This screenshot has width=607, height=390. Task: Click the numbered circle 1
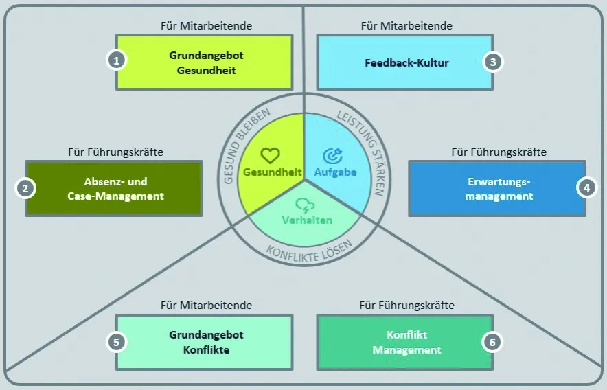tap(117, 60)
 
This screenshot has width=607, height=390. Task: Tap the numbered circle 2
tap(25, 187)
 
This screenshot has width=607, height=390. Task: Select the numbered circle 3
tap(492, 62)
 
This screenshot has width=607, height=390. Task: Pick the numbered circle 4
tap(585, 187)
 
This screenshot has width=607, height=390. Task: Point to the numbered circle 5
tap(117, 341)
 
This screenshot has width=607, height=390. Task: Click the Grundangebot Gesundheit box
tap(204, 62)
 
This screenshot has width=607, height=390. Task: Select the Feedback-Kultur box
tap(404, 62)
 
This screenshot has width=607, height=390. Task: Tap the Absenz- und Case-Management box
tap(115, 189)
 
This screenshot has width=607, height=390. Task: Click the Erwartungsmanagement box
tap(497, 189)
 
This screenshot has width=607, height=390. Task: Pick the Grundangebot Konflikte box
tap(205, 342)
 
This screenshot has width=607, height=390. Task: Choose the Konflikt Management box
tap(404, 342)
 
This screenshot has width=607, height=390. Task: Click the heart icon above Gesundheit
tap(271, 156)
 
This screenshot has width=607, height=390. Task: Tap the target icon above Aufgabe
tap(334, 156)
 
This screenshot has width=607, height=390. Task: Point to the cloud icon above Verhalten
tap(305, 205)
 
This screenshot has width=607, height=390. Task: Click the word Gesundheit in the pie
tap(269, 172)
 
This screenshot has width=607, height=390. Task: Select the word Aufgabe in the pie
tap(335, 172)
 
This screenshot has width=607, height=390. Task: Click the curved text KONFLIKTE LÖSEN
tap(308, 247)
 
